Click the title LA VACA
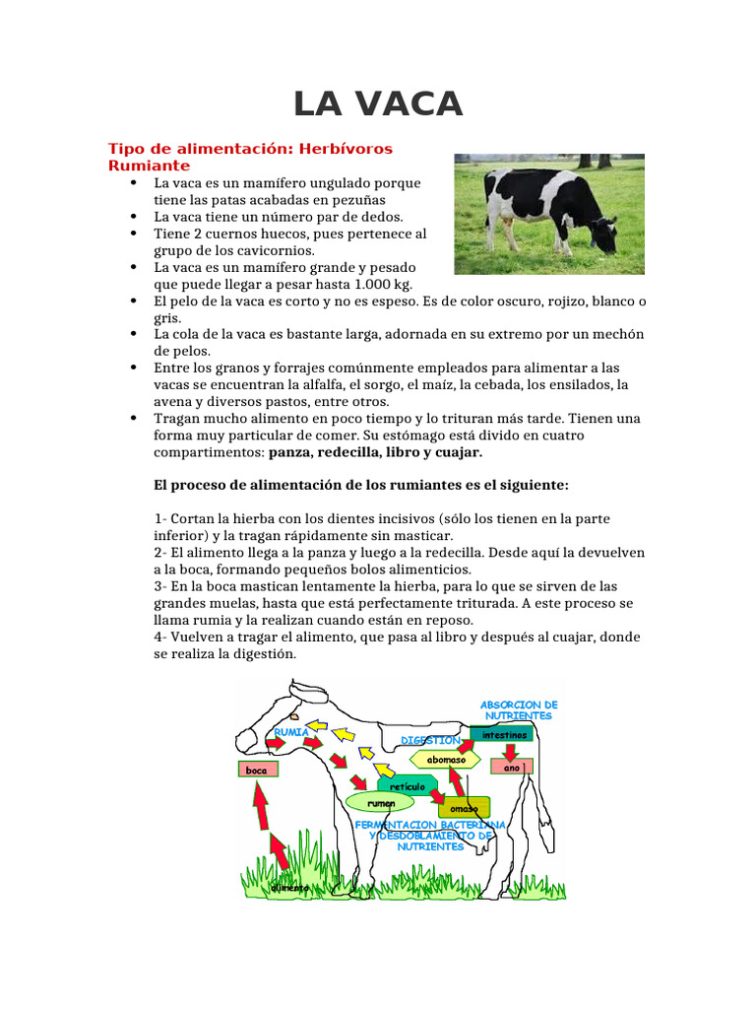pos(378,103)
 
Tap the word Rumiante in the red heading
pos(149,166)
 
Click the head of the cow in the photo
pos(603,236)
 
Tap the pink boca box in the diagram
pos(256,769)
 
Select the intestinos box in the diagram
pos(504,734)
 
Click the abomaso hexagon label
pos(446,760)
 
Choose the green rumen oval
pos(381,804)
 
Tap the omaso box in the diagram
pos(464,809)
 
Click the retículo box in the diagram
pos(408,786)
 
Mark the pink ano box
pos(511,767)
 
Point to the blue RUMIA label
pos(292,732)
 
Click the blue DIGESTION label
pos(431,740)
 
